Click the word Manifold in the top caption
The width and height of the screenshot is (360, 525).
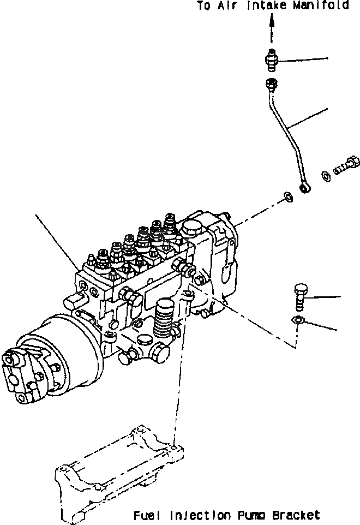pyautogui.click(x=322, y=7)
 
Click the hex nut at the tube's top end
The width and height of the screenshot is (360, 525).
pyautogui.click(x=271, y=84)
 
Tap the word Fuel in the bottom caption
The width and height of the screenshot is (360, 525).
pyautogui.click(x=145, y=515)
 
